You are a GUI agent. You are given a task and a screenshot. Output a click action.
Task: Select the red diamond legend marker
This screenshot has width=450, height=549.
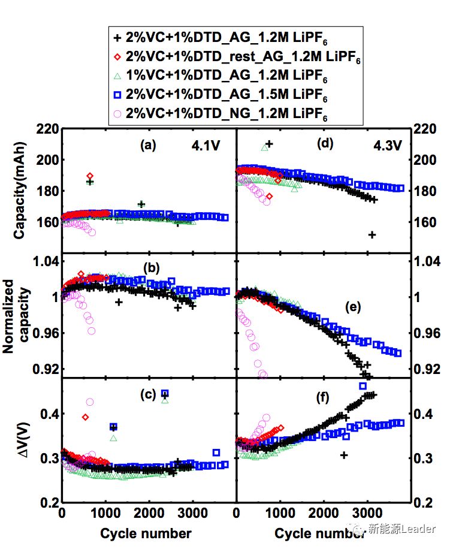116,56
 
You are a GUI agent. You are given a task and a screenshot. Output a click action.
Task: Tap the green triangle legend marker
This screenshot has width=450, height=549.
117,76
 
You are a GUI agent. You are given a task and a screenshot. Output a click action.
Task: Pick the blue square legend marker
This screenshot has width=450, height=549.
117,94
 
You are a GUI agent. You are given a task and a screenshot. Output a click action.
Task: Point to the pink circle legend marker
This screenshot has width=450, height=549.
117,113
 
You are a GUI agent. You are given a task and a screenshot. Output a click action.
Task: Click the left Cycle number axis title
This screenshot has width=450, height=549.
146,533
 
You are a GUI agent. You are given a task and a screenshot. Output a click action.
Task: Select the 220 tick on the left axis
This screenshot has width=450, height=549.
48,129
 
